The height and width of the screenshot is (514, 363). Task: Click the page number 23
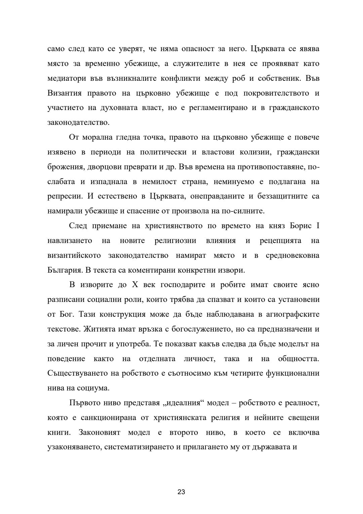tap(181, 492)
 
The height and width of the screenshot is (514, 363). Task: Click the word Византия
tap(64, 93)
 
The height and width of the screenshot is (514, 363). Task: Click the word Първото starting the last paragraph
tap(84, 403)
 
